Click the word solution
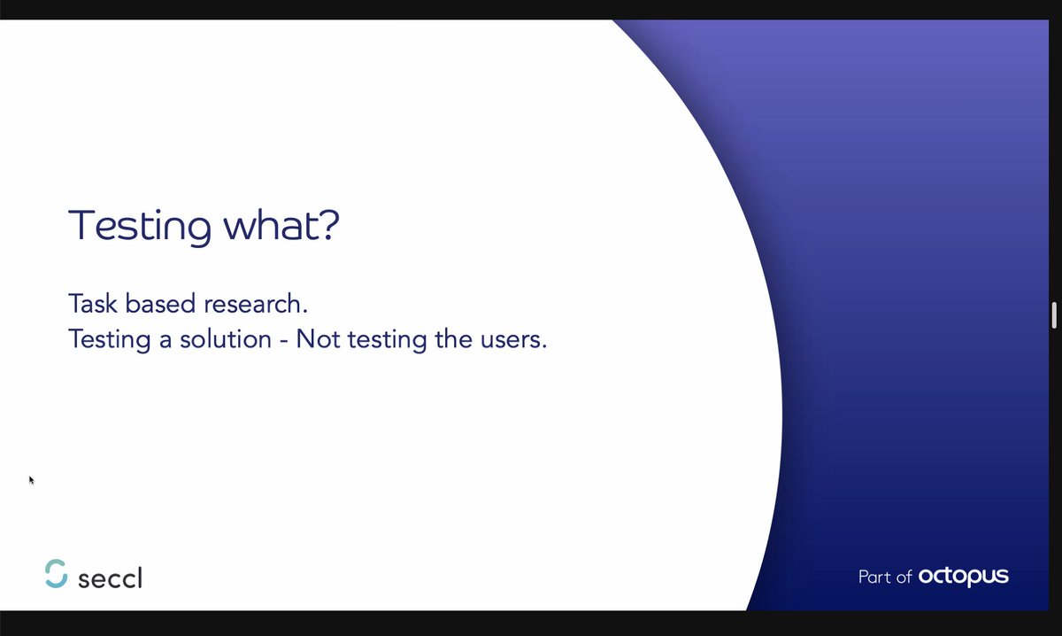tap(224, 339)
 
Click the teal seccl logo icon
tap(56, 573)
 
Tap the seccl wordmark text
tap(110, 579)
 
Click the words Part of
tap(884, 578)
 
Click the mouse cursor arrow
tap(32, 480)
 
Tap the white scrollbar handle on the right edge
tap(1054, 314)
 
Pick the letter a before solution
tap(166, 341)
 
